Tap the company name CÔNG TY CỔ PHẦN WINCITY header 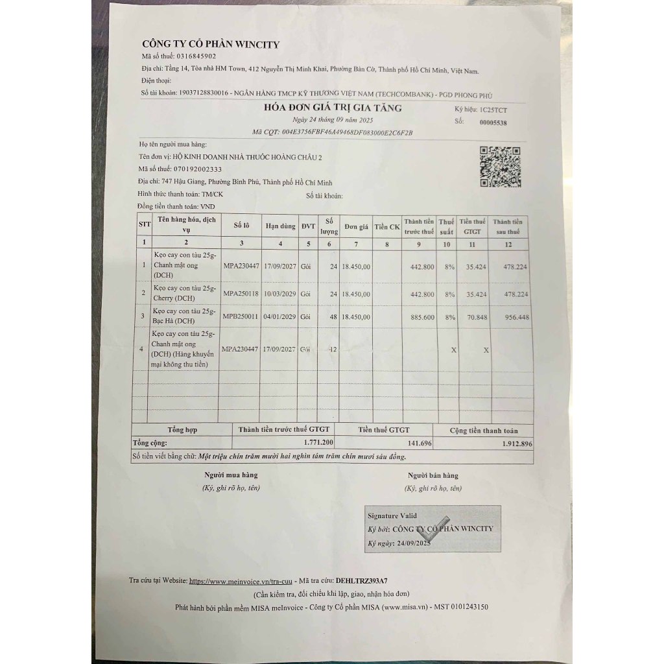point(211,44)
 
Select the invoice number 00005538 point(493,122)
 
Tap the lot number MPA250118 point(241,294)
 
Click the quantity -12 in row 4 point(332,349)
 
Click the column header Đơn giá point(356,226)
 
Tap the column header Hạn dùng point(279,226)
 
